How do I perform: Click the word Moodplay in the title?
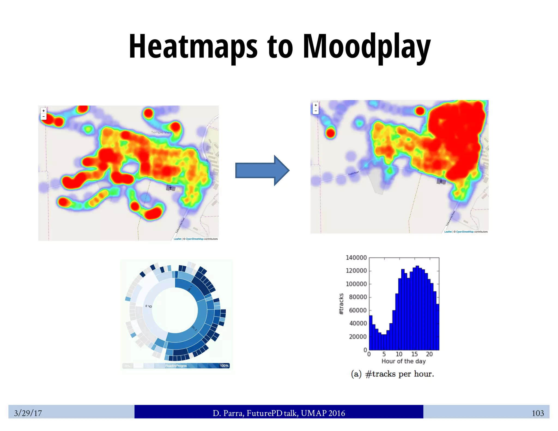point(366,46)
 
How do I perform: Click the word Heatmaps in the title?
point(193,46)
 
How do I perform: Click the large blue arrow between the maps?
point(262,171)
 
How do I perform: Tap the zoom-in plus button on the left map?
point(44,111)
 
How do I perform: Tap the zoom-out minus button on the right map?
point(316,111)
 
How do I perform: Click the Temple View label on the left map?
point(161,132)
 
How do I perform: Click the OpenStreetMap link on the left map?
point(195,239)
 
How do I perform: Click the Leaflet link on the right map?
point(448,232)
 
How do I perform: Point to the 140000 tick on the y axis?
point(356,258)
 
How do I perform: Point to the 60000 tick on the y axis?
point(358,310)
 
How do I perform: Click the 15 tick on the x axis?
point(414,354)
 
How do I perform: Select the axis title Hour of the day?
point(404,361)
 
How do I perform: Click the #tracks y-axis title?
point(341,304)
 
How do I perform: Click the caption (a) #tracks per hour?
point(392,374)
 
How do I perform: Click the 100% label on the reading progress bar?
point(224,366)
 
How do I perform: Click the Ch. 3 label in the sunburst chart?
point(149,306)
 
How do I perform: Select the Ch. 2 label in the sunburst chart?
point(194,328)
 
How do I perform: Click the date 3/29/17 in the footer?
point(28,413)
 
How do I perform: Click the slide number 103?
point(538,413)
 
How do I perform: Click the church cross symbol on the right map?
point(441,181)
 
